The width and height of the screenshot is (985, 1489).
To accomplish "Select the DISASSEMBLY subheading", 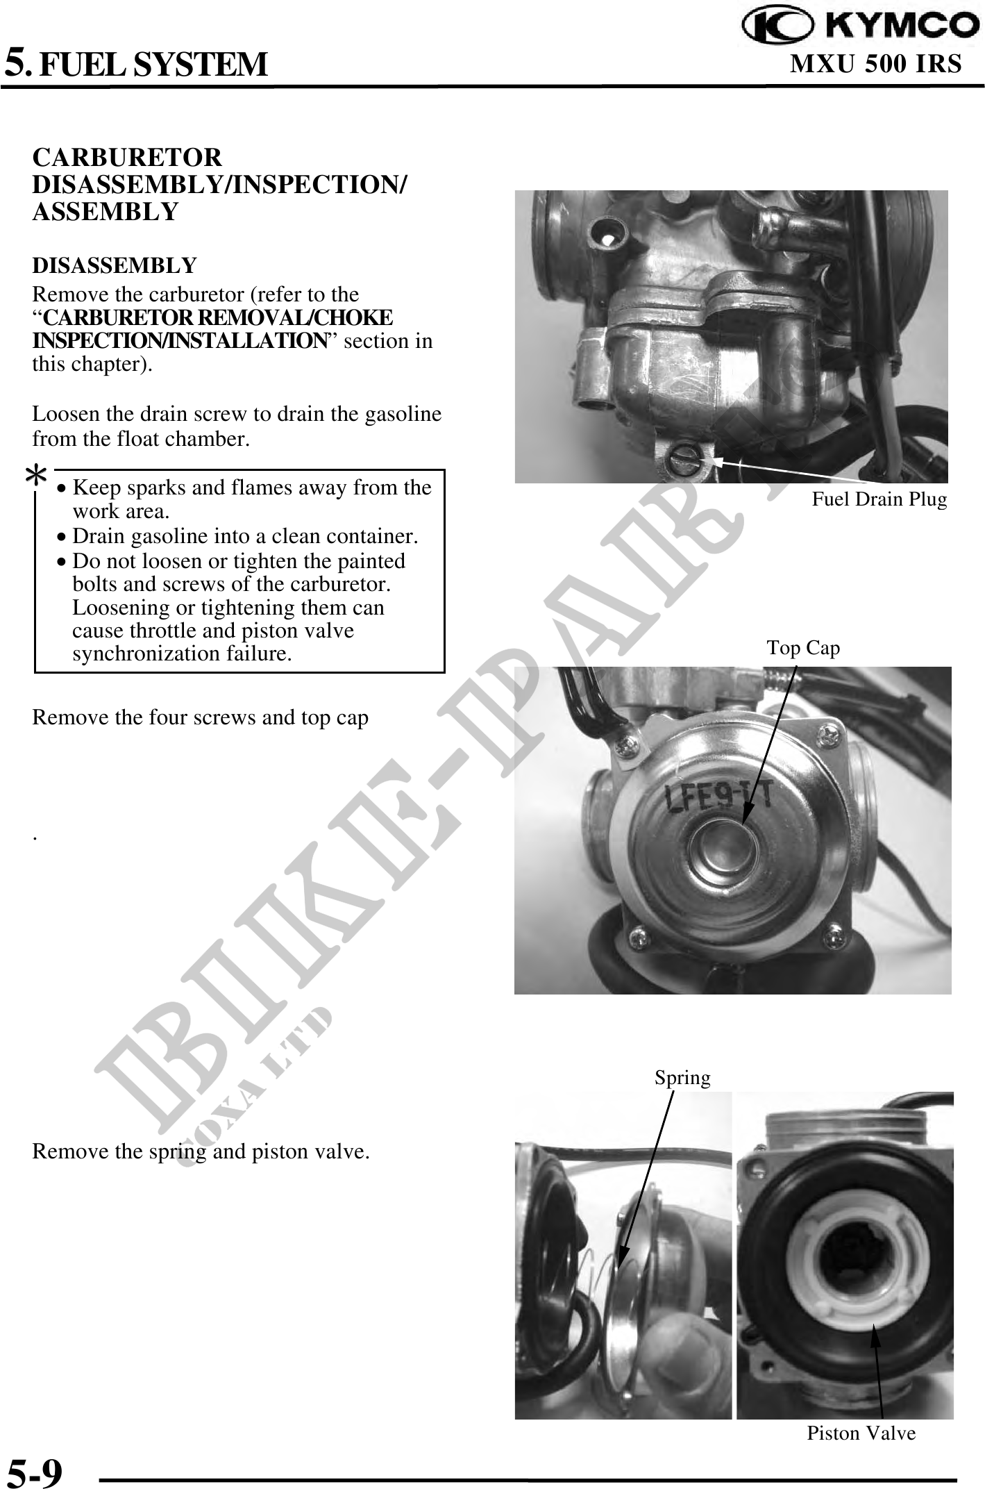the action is (x=115, y=265).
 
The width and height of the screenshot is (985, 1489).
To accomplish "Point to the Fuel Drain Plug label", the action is (x=879, y=499).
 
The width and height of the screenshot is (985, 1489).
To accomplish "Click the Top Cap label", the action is (x=803, y=648).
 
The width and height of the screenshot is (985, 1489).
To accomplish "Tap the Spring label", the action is (x=683, y=1077).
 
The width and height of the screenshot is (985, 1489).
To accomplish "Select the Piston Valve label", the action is (x=861, y=1433).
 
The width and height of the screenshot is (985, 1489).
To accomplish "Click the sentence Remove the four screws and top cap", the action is (x=201, y=717).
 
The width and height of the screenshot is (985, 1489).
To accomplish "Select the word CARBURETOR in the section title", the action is (x=128, y=158).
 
